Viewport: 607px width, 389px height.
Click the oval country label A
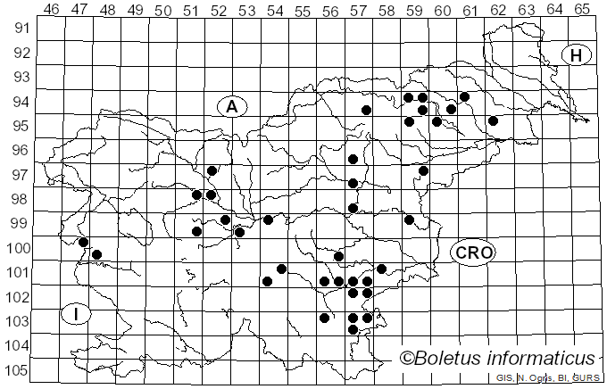click(231, 107)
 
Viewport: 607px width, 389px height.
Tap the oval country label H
click(577, 55)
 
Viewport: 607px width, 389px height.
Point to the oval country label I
click(78, 314)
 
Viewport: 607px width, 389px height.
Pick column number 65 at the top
click(582, 9)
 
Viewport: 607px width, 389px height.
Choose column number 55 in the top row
click(303, 9)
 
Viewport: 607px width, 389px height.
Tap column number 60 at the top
click(442, 9)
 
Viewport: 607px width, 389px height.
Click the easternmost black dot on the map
click(493, 120)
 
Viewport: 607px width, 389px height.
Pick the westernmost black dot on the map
click(83, 242)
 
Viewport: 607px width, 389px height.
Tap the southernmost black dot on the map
click(353, 329)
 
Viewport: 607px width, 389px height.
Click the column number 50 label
click(162, 9)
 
